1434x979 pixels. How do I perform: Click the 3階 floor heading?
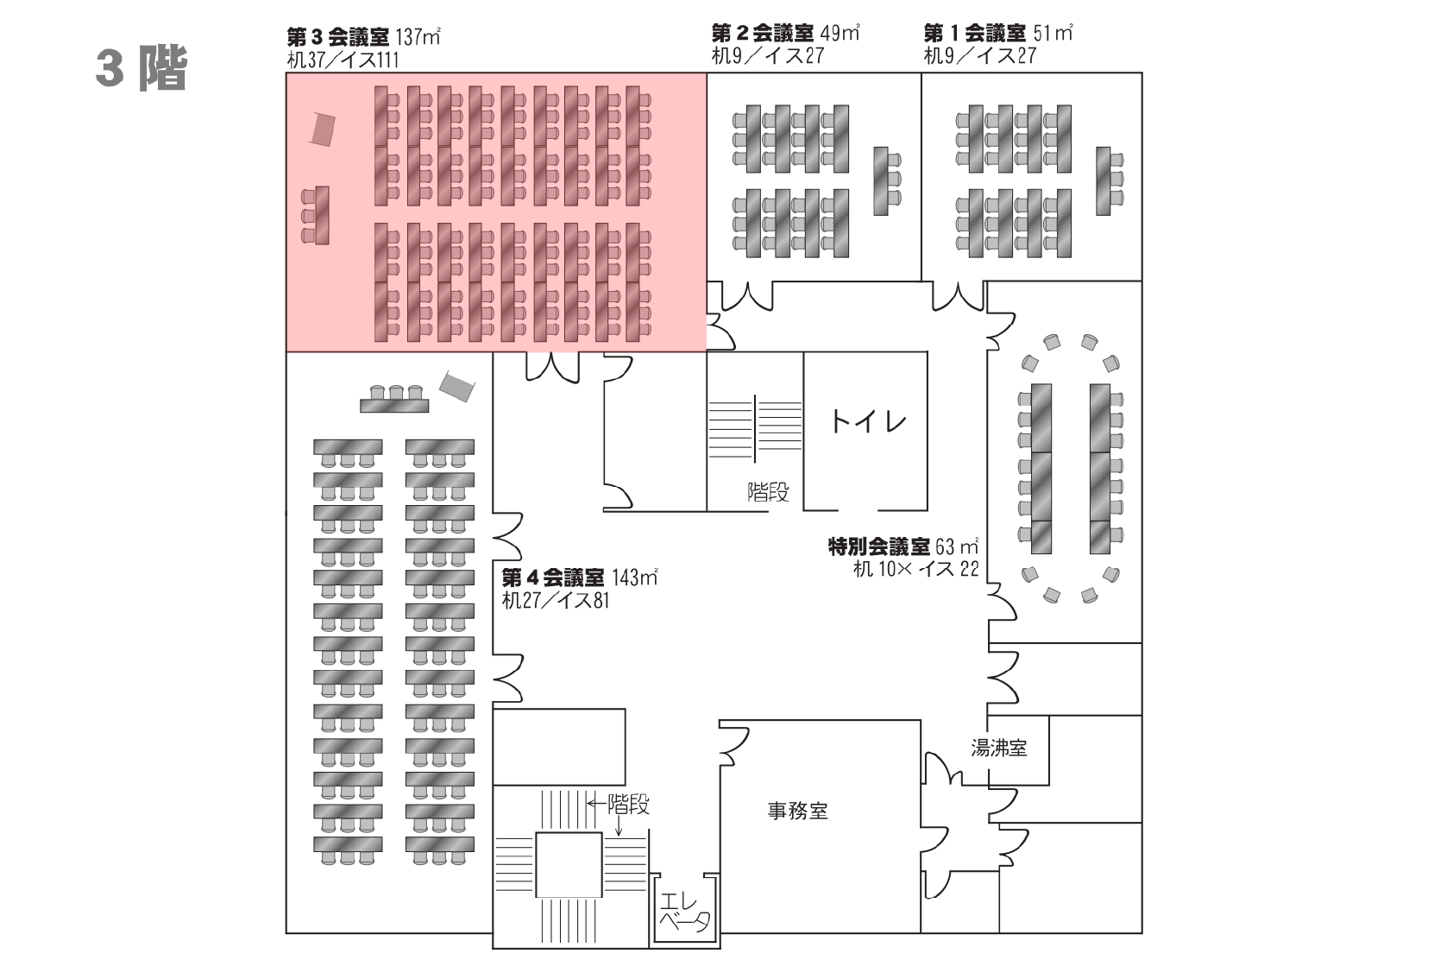point(142,68)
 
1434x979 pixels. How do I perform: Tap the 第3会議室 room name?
point(337,37)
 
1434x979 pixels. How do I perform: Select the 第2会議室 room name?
point(762,34)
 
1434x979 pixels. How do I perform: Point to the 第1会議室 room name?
point(974,34)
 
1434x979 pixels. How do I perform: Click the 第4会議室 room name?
point(553,578)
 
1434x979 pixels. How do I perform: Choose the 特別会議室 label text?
point(879,546)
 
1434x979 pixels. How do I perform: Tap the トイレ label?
point(868,421)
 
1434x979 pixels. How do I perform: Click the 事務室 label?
point(797,811)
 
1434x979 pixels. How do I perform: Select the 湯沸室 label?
point(999,748)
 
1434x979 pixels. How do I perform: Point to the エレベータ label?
point(684,913)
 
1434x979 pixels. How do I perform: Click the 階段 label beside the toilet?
point(768,492)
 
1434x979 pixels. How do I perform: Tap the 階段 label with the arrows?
point(628,805)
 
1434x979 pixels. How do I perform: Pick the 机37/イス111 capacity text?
point(343,60)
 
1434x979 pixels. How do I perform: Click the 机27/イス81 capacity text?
point(556,600)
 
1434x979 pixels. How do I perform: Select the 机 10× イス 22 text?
point(915,569)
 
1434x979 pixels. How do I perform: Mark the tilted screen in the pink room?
point(322,129)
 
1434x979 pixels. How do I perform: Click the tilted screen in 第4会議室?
point(456,385)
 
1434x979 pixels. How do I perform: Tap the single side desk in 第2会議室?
point(881,180)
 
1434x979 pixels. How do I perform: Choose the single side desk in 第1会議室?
point(1104,180)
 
